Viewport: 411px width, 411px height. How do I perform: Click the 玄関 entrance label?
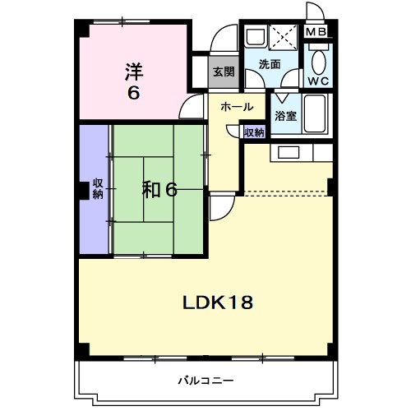224,72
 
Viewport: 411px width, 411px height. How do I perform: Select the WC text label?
318,81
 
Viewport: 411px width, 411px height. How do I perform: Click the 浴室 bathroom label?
285,116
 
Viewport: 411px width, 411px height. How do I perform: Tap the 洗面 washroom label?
269,64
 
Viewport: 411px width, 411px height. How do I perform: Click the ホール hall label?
236,107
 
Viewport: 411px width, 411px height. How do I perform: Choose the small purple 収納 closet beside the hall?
254,132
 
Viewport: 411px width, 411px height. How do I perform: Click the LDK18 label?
216,301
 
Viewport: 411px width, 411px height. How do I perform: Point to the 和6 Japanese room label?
159,190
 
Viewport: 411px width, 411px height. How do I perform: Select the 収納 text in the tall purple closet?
97,188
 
